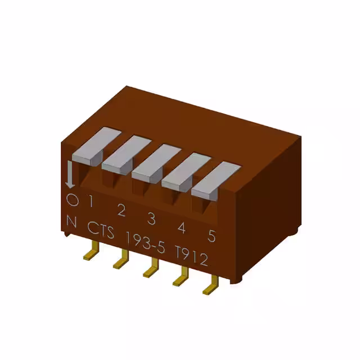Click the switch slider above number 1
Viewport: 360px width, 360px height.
[93, 146]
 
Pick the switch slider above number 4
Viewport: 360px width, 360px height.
[184, 170]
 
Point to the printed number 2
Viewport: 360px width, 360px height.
[121, 210]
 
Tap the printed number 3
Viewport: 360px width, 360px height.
[151, 218]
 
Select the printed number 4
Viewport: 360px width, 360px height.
[182, 228]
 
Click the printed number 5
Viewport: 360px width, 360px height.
[211, 236]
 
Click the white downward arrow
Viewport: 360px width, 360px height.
[70, 175]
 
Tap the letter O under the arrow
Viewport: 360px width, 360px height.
[71, 199]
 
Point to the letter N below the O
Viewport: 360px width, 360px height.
[71, 222]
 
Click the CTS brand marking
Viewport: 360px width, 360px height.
[101, 229]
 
